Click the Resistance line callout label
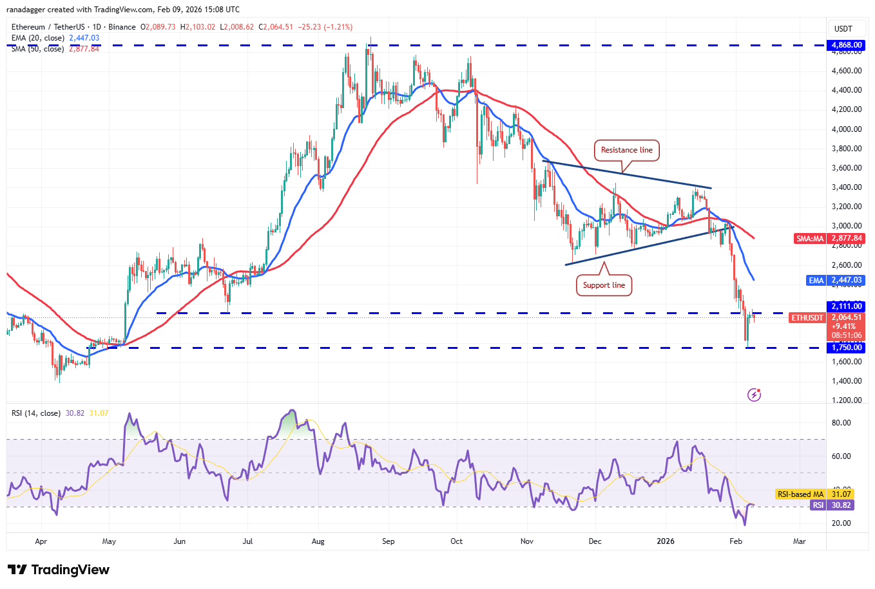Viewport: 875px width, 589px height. tap(626, 150)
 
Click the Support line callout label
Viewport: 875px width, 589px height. tap(604, 285)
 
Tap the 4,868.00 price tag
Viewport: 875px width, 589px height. tap(847, 45)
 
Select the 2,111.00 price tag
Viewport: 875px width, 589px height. tap(847, 306)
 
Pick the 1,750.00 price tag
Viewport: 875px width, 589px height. tap(847, 348)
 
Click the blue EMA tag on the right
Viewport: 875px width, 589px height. tap(816, 281)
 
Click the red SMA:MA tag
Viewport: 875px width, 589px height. tap(810, 238)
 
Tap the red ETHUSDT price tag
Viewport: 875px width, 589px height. tap(807, 318)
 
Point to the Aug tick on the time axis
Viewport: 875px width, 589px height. tap(318, 541)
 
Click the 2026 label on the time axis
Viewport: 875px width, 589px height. tap(666, 541)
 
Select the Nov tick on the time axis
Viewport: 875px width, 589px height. tap(527, 541)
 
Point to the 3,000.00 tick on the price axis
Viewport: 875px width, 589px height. tap(847, 226)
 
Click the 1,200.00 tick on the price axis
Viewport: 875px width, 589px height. tap(847, 400)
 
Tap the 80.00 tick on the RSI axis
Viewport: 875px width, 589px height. tap(841, 423)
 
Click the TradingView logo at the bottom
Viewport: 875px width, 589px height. tap(59, 570)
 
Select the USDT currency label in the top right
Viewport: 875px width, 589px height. tap(843, 29)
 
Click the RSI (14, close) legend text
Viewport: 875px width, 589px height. tap(36, 413)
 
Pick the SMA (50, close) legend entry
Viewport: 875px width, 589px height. tap(37, 49)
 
